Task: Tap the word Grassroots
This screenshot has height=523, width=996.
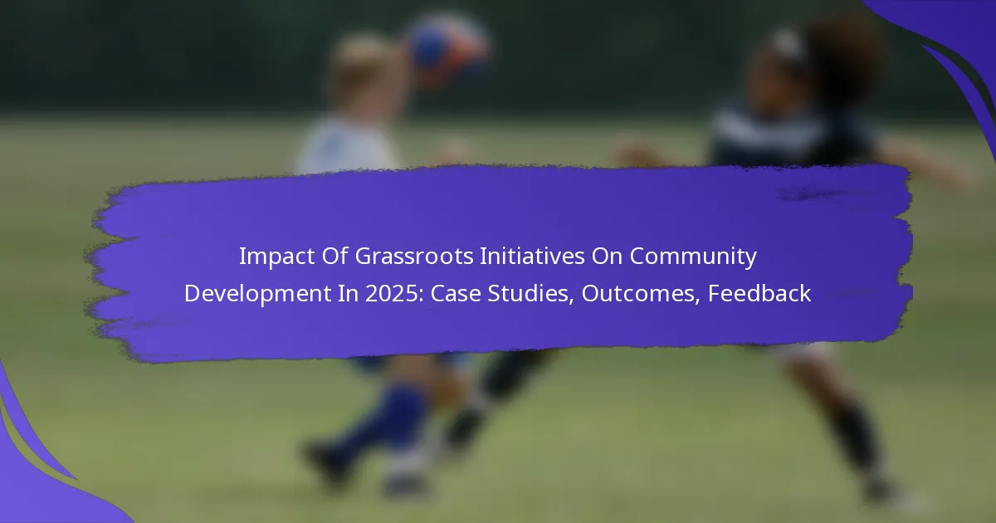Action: click(414, 257)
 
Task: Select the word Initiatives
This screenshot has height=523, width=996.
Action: click(532, 257)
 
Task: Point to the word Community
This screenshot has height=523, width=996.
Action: click(693, 257)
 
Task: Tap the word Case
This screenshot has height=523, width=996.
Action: click(456, 294)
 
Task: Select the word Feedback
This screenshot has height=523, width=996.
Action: click(759, 294)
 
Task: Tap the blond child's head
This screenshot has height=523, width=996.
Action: click(365, 71)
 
